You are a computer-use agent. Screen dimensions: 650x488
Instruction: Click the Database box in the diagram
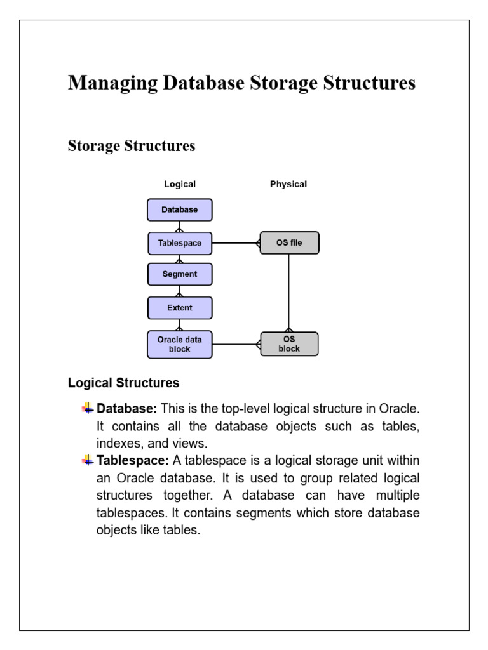click(x=180, y=209)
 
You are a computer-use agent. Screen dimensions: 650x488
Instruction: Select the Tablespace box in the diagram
click(x=180, y=243)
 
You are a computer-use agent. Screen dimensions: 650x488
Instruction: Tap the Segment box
click(x=180, y=274)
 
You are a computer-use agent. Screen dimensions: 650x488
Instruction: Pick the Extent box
click(x=180, y=307)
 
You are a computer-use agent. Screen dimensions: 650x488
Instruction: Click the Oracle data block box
click(x=180, y=344)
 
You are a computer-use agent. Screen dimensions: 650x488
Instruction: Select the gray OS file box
click(x=289, y=242)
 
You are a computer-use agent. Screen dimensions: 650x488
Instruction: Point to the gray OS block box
click(x=289, y=344)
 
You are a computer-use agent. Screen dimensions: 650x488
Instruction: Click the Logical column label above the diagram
click(x=180, y=184)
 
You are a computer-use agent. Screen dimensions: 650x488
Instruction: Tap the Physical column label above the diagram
click(x=288, y=184)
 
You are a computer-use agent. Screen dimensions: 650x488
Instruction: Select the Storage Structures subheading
click(x=132, y=146)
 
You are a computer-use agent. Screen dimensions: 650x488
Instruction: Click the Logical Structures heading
click(x=123, y=383)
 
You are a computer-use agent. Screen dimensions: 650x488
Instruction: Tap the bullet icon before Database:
click(x=88, y=408)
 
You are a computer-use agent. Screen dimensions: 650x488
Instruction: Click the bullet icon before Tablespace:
click(x=88, y=460)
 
